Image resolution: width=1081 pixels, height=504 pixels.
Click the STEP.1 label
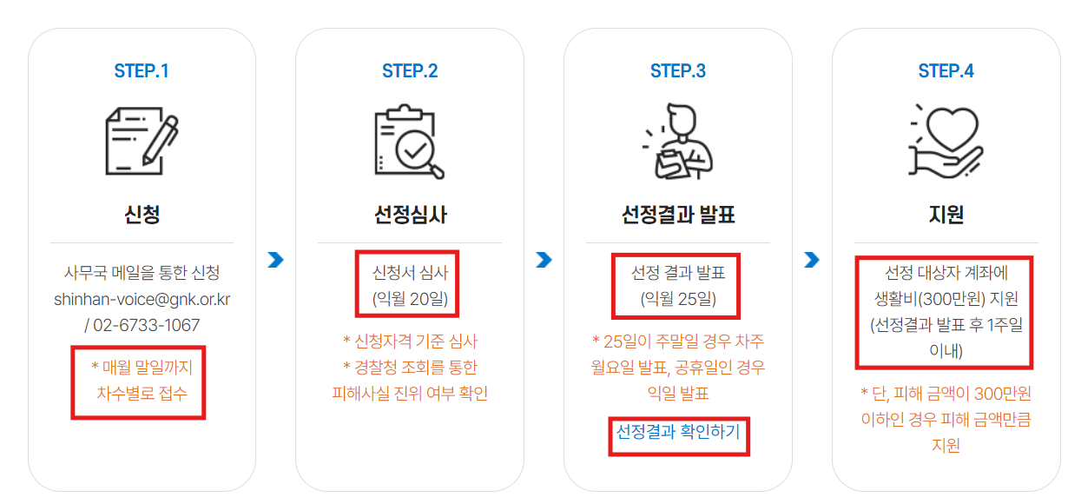[x=142, y=70]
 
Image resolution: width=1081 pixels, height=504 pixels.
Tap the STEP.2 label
[x=410, y=70]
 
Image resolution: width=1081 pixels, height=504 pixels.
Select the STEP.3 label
[x=678, y=70]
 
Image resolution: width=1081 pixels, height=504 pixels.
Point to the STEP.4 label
[x=946, y=70]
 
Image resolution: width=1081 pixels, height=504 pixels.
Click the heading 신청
[x=142, y=214]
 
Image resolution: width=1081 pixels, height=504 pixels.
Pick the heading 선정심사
[x=410, y=214]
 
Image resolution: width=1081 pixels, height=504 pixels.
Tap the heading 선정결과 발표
[x=678, y=214]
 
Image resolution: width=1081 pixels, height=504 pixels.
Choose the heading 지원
[x=946, y=214]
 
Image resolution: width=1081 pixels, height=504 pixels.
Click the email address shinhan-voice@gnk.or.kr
[x=142, y=299]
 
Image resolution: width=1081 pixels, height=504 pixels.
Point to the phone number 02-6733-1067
[x=147, y=325]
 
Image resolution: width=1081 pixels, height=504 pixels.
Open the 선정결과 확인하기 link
[x=678, y=431]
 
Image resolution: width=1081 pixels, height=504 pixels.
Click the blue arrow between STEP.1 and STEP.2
[x=276, y=259]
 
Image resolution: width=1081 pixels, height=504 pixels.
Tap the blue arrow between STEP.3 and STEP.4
[x=812, y=259]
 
